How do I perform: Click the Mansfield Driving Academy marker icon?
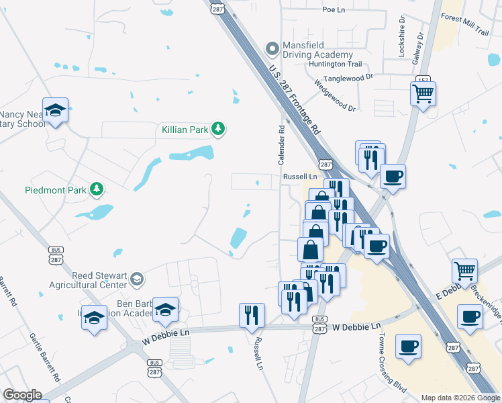tap(272, 48)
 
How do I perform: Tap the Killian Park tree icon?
tap(217, 128)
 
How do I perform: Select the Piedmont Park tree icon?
tap(97, 189)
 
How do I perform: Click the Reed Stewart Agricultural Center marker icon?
tap(137, 279)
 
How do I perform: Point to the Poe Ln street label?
tap(333, 9)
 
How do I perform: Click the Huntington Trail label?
tap(335, 64)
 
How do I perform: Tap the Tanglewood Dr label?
tap(348, 77)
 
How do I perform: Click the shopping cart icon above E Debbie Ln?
tap(464, 271)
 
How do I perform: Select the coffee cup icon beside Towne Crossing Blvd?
tap(408, 347)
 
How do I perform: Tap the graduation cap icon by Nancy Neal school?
tap(55, 110)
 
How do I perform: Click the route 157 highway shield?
tap(423, 80)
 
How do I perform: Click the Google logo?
tap(22, 395)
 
